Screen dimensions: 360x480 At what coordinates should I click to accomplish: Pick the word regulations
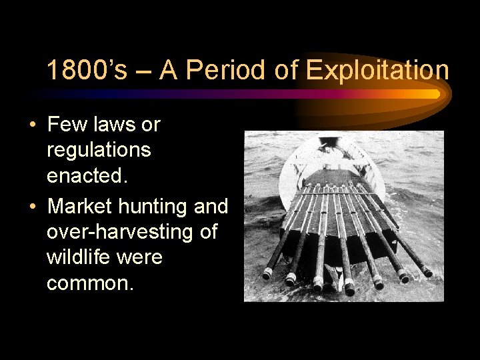coord(99,150)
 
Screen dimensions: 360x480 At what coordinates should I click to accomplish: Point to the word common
coord(90,284)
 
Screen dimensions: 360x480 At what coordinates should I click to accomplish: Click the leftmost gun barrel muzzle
coord(267,273)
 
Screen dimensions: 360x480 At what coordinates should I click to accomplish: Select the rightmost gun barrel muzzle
coord(427,271)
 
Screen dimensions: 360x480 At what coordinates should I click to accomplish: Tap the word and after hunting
coord(211,206)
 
